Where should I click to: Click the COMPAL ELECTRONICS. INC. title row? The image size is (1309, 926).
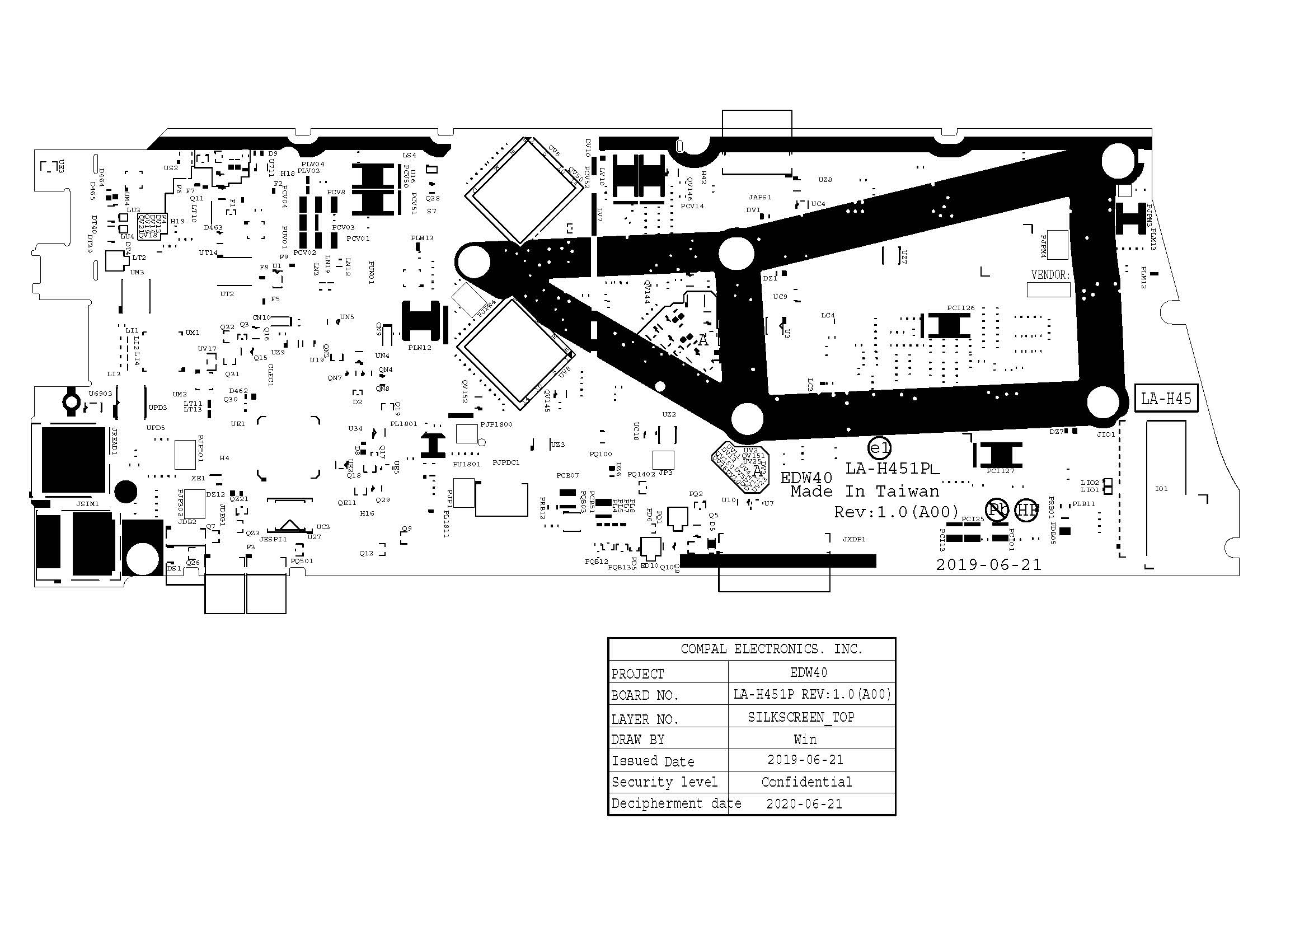(771, 649)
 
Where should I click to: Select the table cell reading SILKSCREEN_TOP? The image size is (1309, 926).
(801, 717)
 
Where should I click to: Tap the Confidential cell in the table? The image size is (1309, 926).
(806, 782)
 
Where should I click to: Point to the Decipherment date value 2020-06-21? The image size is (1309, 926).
(804, 804)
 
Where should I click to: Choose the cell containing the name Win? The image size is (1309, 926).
(804, 740)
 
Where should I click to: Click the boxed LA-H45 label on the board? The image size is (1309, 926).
(1166, 399)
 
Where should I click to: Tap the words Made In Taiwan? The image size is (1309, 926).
(864, 492)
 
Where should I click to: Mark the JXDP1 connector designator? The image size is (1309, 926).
(854, 539)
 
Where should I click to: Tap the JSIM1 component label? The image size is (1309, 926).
(88, 504)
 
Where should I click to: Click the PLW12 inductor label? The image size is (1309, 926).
(420, 348)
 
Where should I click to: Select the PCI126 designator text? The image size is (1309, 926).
(961, 308)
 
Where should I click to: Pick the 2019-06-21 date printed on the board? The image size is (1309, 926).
(988, 564)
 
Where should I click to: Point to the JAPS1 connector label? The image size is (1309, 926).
(759, 197)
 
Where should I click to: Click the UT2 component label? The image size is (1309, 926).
(227, 294)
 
